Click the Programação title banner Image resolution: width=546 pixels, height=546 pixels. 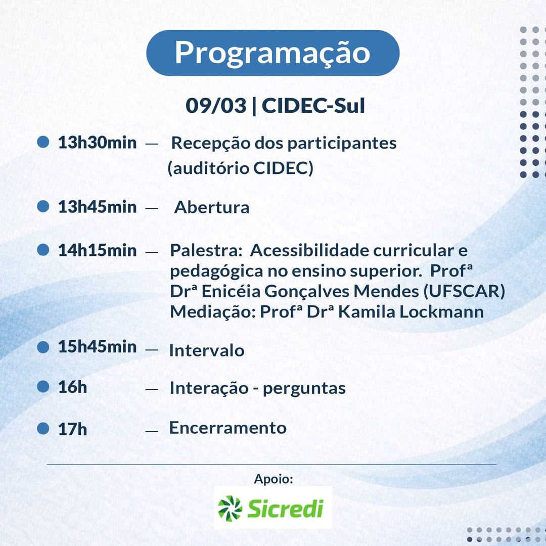pos(272,53)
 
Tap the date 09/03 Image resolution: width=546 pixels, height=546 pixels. pos(216,106)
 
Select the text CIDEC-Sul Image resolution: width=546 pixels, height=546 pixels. pos(313,106)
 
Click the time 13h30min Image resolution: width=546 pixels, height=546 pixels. pos(97,143)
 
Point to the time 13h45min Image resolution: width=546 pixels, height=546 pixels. pos(97,207)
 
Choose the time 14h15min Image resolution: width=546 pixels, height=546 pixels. pos(97,250)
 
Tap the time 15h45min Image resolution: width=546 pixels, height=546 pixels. pos(97,346)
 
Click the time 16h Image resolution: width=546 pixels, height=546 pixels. pos(72,387)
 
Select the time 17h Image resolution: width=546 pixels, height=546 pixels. pos(72,429)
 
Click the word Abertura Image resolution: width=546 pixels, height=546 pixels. pos(212,208)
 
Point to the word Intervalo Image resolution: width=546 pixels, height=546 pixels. pos(206,350)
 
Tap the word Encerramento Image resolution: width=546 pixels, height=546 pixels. pos(227,428)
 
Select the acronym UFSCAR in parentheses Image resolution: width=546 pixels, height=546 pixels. pos(464,291)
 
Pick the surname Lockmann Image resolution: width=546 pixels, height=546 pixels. pos(441,311)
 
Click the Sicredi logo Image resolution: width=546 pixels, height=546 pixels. pos(272,508)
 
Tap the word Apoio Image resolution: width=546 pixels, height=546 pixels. pos(274,479)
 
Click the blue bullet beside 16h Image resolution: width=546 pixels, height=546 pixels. pos(43,386)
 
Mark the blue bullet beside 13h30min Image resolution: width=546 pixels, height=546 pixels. pos(43,142)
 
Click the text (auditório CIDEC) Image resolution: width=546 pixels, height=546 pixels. pos(241,168)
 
